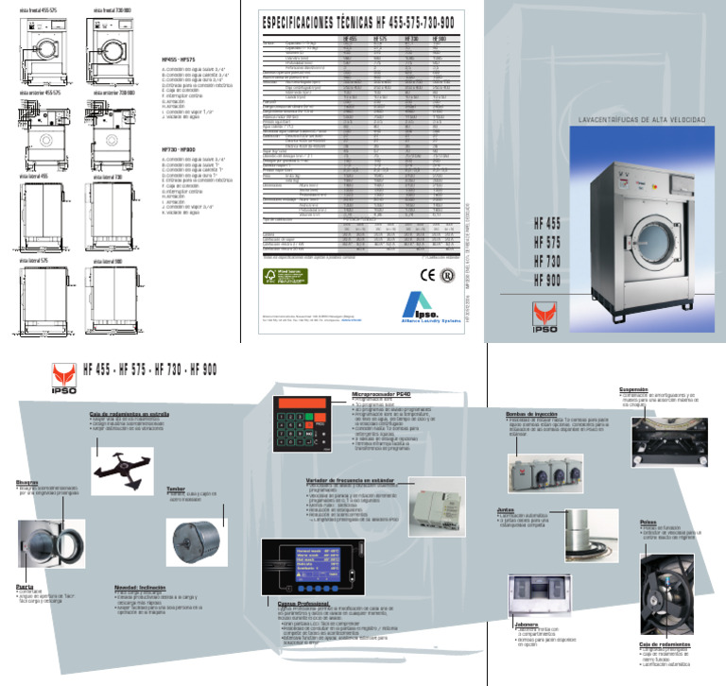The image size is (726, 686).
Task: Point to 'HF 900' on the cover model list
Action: click(x=549, y=281)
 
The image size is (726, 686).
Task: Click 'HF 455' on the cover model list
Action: click(x=549, y=223)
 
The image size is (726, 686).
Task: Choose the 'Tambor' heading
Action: click(x=177, y=489)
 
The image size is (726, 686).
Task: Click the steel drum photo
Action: click(x=193, y=538)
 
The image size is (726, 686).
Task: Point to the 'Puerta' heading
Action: click(x=26, y=587)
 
